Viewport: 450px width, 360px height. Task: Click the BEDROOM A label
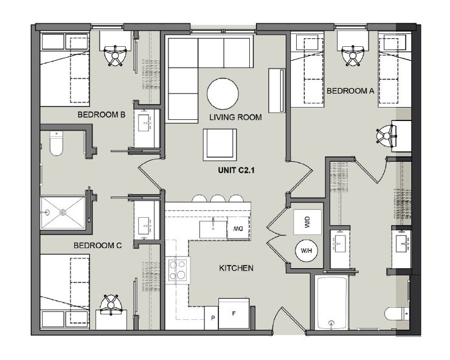(350, 91)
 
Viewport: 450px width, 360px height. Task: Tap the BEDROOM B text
(101, 114)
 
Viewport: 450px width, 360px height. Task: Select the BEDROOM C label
(98, 246)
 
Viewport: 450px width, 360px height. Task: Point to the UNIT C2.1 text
(235, 171)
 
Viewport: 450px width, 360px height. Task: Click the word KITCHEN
(236, 268)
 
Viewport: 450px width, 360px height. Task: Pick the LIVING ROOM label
(235, 117)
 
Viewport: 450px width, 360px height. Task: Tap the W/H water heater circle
(305, 250)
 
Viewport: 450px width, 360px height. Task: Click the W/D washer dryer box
(305, 223)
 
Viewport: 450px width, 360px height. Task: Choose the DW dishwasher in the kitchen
(237, 228)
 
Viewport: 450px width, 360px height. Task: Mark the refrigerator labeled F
(234, 314)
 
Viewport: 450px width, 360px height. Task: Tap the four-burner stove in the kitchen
(178, 269)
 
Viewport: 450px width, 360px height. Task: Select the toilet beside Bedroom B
(56, 144)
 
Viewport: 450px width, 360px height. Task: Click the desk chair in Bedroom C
(111, 305)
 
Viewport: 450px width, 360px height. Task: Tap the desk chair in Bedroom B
(115, 55)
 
